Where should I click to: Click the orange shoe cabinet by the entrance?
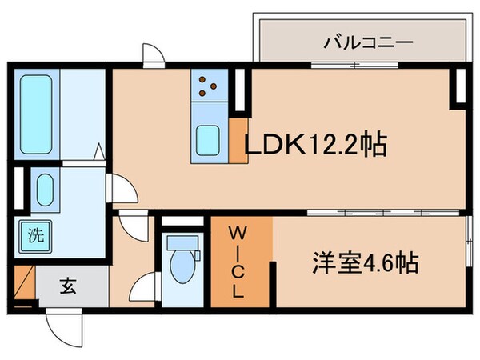[x=24, y=286]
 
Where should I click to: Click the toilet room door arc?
[x=143, y=287]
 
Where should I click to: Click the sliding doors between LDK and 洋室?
[x=384, y=213]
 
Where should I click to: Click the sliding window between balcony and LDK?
[x=352, y=67]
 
